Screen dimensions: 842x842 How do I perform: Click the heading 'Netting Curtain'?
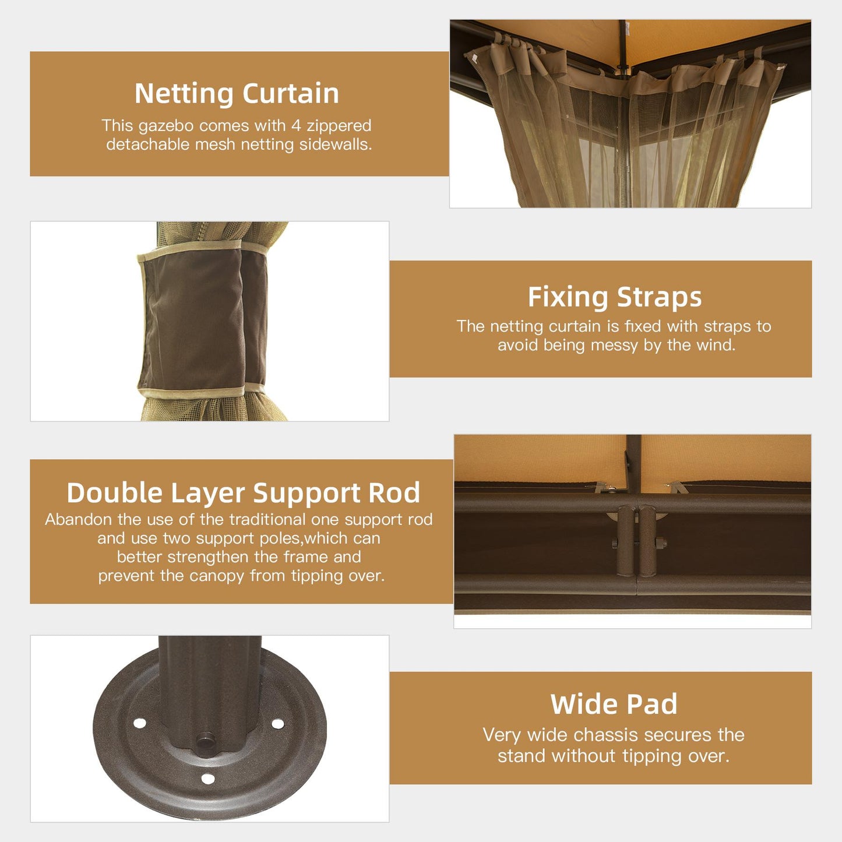(x=237, y=93)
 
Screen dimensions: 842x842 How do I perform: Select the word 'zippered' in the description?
(x=339, y=126)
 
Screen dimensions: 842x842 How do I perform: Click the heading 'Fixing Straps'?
(x=615, y=297)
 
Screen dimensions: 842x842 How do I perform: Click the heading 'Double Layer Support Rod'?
(x=243, y=493)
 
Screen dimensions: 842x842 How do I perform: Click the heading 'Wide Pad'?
(x=614, y=704)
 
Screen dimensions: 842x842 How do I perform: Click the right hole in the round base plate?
(x=278, y=724)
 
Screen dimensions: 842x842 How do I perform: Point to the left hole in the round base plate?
(x=140, y=723)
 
